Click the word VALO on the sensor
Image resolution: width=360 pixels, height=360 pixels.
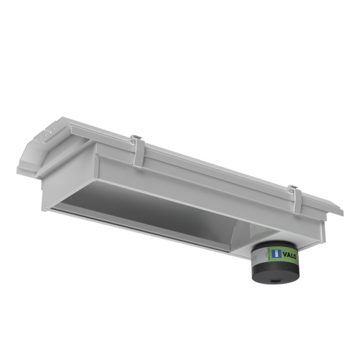[x=289, y=255]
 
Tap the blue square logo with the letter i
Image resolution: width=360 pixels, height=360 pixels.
[x=276, y=254]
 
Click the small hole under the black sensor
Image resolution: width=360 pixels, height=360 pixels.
[x=274, y=280]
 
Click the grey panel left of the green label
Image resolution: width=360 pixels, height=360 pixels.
[x=258, y=254]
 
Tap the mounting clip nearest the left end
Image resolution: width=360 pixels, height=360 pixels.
[x=138, y=152]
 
